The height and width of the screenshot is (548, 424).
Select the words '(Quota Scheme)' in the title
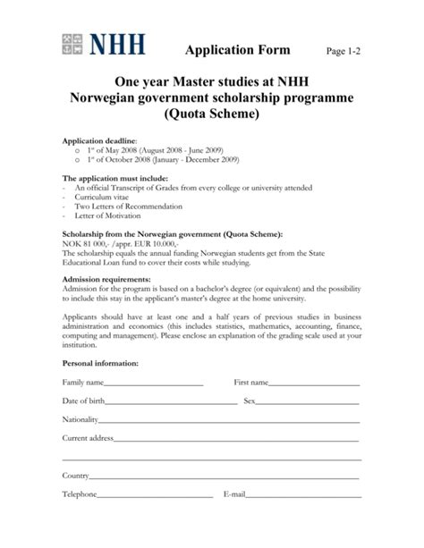click(x=211, y=115)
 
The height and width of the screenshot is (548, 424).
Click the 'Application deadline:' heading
click(x=98, y=141)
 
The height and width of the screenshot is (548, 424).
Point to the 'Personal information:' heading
click(x=99, y=364)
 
